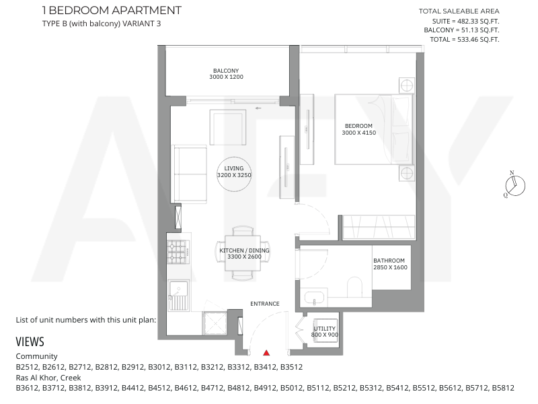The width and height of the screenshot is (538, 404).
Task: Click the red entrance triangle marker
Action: (x=266, y=353)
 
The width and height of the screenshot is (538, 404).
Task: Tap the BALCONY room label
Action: (x=226, y=71)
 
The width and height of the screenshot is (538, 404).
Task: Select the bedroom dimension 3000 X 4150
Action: (x=359, y=133)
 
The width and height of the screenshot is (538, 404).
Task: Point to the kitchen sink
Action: (x=178, y=295)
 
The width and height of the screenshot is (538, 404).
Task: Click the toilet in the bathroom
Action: (x=355, y=288)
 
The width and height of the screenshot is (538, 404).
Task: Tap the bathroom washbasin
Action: (x=314, y=298)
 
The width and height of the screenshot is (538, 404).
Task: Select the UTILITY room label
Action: (x=325, y=329)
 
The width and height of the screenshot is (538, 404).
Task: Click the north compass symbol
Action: (x=515, y=184)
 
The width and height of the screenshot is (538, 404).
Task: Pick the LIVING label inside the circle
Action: (x=234, y=168)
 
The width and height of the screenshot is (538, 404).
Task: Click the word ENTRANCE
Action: (x=265, y=304)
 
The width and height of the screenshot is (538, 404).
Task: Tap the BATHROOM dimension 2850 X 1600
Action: (x=391, y=267)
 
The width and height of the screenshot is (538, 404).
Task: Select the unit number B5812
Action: (x=503, y=389)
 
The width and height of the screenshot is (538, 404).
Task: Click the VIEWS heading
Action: (x=30, y=342)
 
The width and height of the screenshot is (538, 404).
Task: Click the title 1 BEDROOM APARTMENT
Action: (x=112, y=10)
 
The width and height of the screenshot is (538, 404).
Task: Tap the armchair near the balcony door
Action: (x=228, y=127)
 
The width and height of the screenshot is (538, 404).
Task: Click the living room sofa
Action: (x=190, y=174)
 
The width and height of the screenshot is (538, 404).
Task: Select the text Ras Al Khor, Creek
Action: (x=48, y=378)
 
